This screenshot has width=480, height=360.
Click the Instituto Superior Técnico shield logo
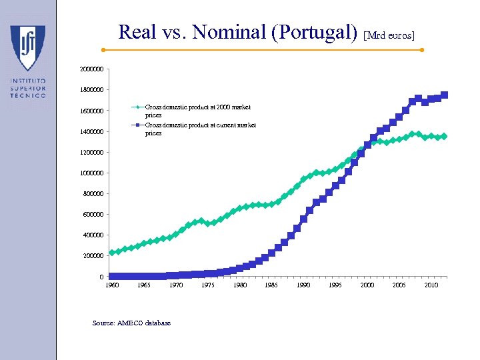(27, 48)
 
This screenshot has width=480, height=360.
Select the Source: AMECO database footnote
(131, 323)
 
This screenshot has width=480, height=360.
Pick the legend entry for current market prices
(200, 129)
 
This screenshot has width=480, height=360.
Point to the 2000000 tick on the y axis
(91, 69)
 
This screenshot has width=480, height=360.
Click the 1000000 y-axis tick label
(91, 173)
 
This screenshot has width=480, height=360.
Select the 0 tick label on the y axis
(101, 277)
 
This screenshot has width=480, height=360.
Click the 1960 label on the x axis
(112, 285)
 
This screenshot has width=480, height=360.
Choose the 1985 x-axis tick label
(271, 285)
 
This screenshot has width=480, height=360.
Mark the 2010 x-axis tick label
(431, 285)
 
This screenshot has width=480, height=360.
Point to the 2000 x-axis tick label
(367, 285)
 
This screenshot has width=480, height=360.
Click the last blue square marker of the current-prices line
(445, 95)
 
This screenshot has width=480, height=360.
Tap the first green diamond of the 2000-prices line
(112, 253)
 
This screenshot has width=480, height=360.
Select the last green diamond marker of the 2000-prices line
(445, 136)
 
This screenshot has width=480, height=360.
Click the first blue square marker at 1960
(112, 276)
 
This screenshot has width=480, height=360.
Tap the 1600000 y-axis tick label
(91, 111)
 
